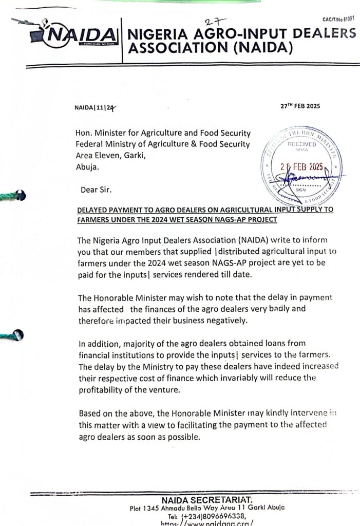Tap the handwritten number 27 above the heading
(210, 21)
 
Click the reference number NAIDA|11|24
(96, 108)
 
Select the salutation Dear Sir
(96, 190)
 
